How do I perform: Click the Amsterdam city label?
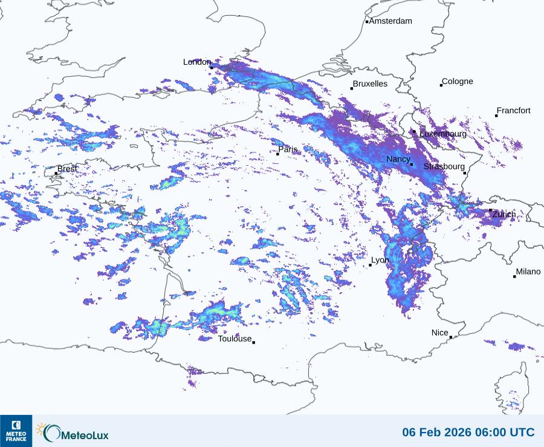click(390, 21)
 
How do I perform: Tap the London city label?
click(196, 62)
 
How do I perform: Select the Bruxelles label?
click(370, 84)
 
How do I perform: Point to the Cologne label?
click(458, 82)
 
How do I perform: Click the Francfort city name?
click(514, 111)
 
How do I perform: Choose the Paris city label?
click(288, 149)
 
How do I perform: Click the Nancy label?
click(398, 159)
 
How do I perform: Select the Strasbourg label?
click(444, 166)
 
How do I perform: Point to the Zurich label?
click(504, 214)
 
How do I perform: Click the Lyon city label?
click(380, 260)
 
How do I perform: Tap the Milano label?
click(528, 272)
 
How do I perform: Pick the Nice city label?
click(440, 333)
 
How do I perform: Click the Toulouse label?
click(235, 339)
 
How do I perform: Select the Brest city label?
click(67, 169)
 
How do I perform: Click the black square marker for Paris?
click(278, 154)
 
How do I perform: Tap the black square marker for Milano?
click(515, 276)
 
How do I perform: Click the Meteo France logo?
click(16, 431)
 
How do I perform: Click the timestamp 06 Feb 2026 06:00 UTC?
click(468, 432)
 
